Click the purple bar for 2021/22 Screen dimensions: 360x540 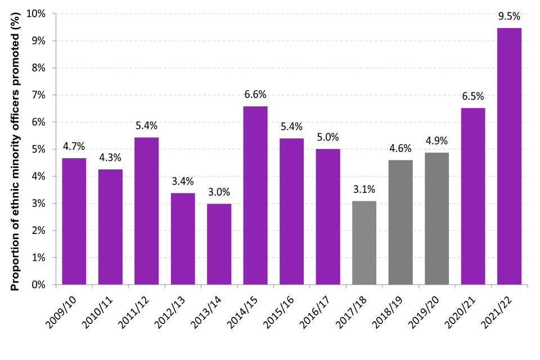tap(509, 156)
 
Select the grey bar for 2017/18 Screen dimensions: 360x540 tap(364, 242)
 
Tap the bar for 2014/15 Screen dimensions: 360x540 tap(255, 195)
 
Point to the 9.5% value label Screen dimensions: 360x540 tap(509, 16)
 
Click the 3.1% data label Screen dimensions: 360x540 tap(364, 189)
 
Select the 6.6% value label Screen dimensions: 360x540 tap(255, 94)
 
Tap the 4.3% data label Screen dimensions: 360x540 tap(110, 157)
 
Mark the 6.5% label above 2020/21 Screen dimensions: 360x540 tap(473, 96)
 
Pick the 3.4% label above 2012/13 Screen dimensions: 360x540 tap(182, 181)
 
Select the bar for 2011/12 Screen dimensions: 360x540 tap(146, 211)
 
